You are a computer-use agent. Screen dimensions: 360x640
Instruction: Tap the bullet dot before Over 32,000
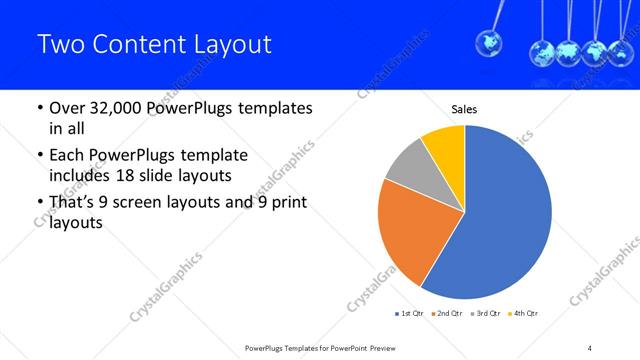pyautogui.click(x=39, y=108)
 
